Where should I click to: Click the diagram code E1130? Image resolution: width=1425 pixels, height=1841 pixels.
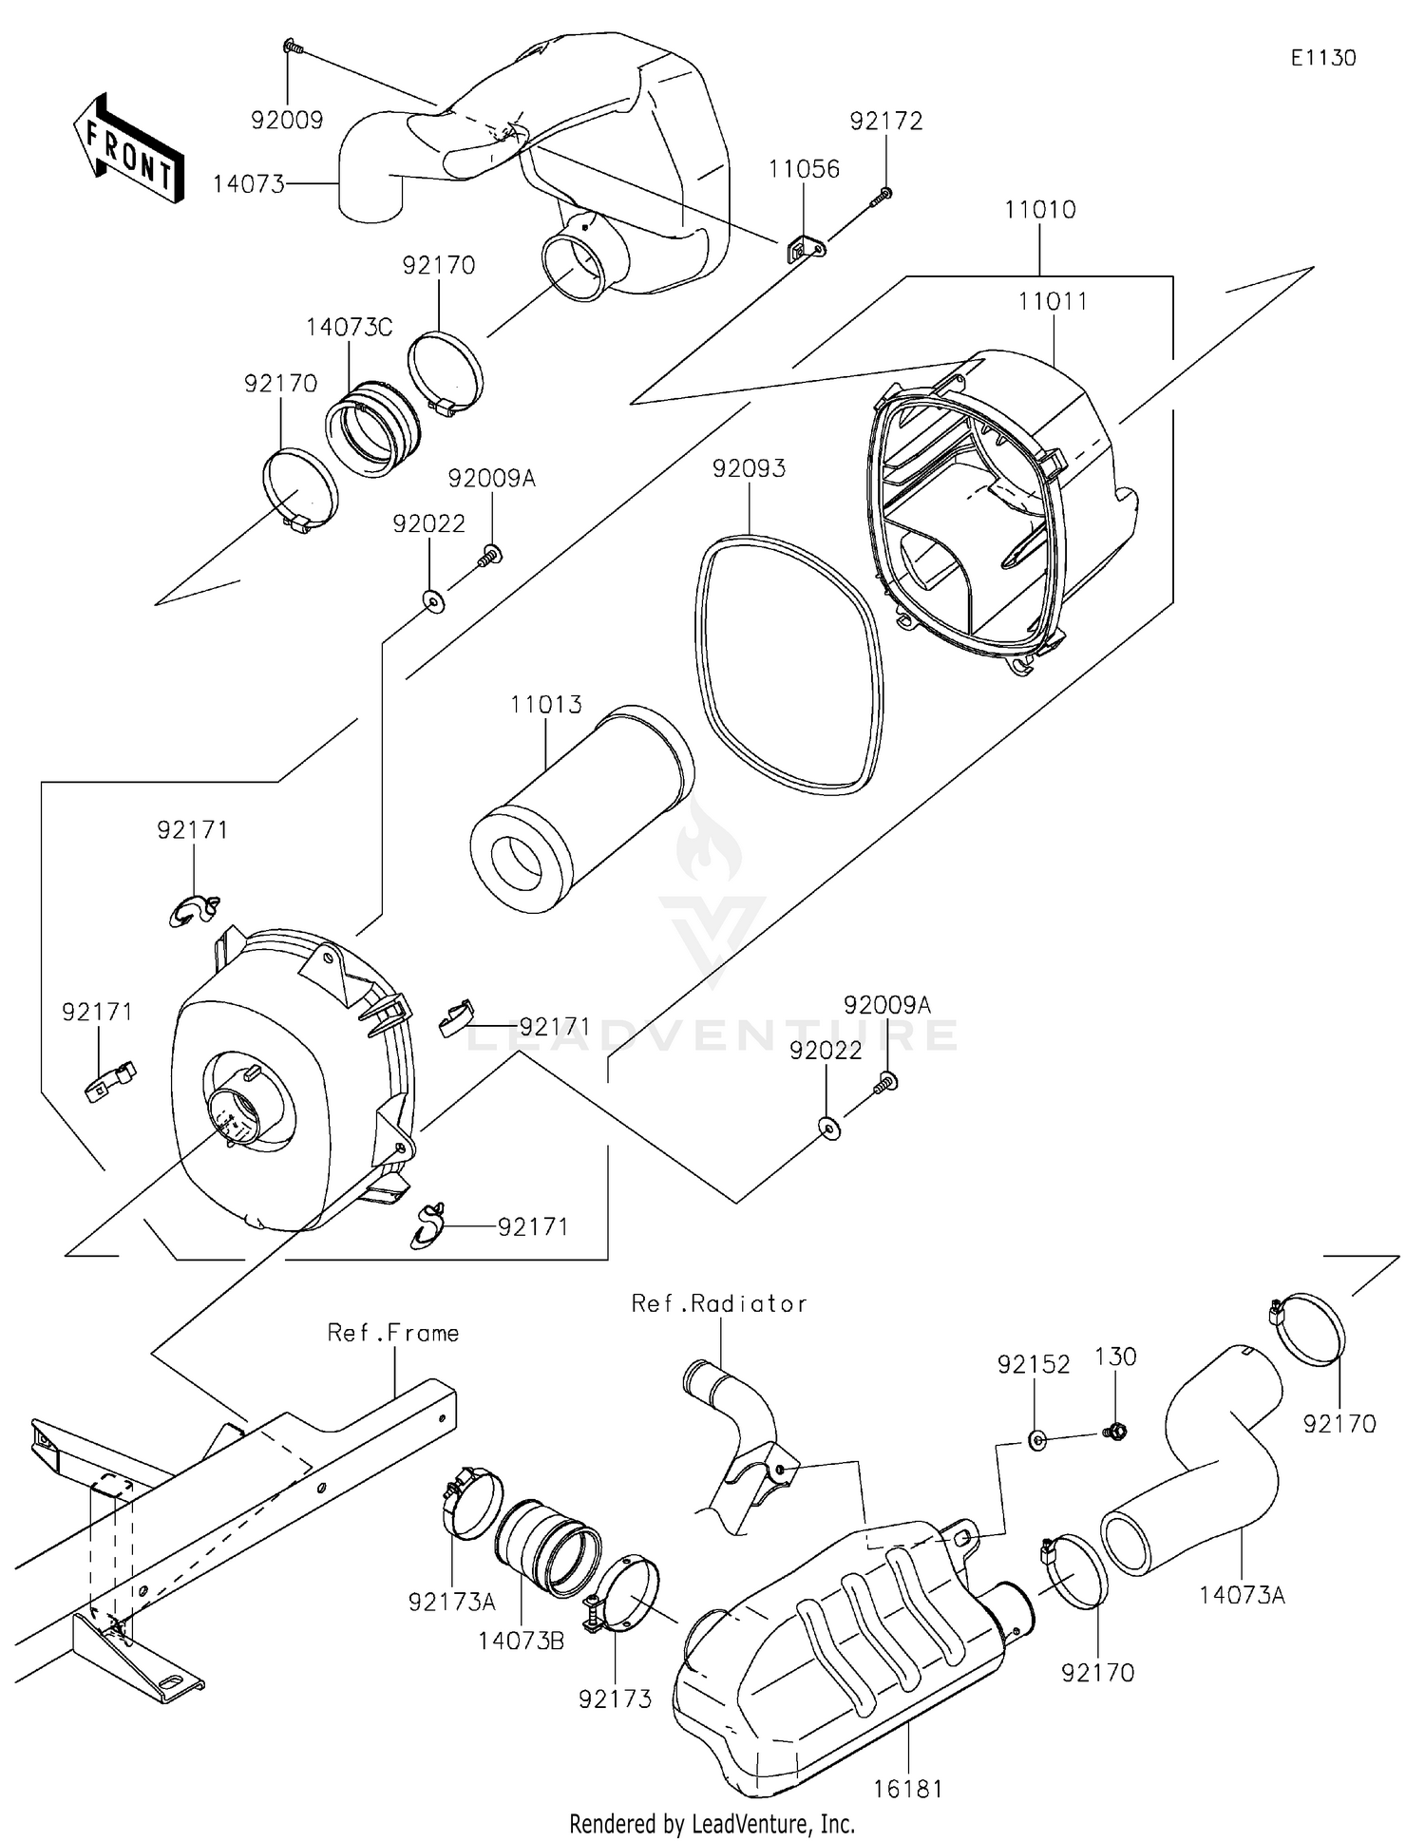[x=1322, y=58]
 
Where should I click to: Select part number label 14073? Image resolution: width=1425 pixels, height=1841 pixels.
[x=248, y=183]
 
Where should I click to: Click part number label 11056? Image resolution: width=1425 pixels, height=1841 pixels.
[x=804, y=169]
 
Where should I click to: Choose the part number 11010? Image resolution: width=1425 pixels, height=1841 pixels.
[x=1039, y=210]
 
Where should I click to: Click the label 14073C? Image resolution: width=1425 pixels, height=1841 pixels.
[x=349, y=328]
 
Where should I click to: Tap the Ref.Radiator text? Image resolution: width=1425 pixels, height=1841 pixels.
[x=719, y=1304]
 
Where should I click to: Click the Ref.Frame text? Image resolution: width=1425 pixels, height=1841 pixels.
[x=392, y=1334]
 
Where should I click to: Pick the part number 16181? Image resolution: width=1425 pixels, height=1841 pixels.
[x=908, y=1790]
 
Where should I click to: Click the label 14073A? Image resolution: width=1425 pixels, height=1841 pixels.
[x=1241, y=1595]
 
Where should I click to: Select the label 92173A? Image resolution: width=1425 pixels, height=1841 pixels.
[x=451, y=1603]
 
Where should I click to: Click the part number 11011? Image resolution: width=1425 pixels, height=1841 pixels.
[x=1053, y=302]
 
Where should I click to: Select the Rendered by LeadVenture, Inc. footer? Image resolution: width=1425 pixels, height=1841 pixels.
[x=712, y=1824]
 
